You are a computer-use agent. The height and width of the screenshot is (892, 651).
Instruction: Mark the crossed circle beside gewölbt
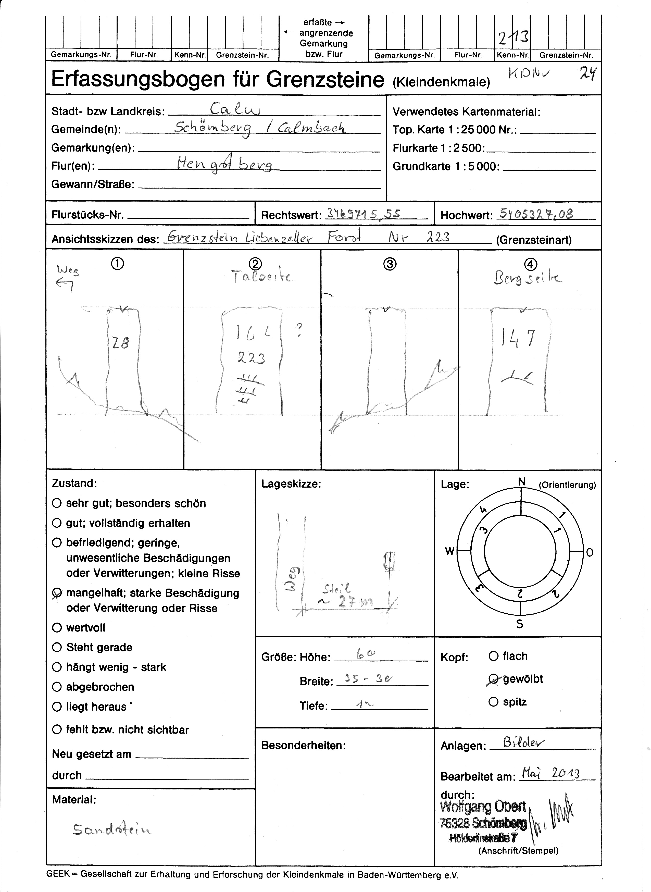click(493, 679)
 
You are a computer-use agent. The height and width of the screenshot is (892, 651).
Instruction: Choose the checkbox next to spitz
click(493, 702)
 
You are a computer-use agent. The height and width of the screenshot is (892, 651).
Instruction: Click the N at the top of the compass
click(522, 482)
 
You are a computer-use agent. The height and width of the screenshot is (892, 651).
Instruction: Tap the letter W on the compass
click(450, 551)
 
